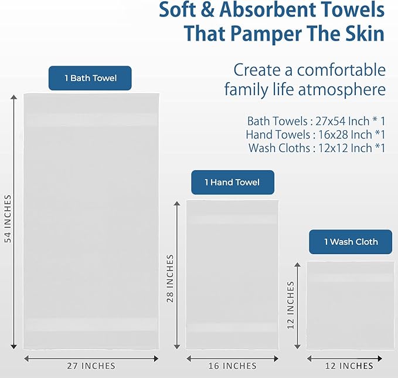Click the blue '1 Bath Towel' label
point(90,78)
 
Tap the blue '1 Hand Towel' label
point(232,183)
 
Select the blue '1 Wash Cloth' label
point(351,242)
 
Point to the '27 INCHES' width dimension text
point(91,366)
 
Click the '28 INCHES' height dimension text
point(171,278)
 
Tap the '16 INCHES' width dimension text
point(232,366)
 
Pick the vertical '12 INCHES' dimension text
point(291,305)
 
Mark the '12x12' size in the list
point(326,148)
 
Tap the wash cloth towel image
point(351,305)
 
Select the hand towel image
point(232,275)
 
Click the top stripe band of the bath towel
point(91,120)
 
